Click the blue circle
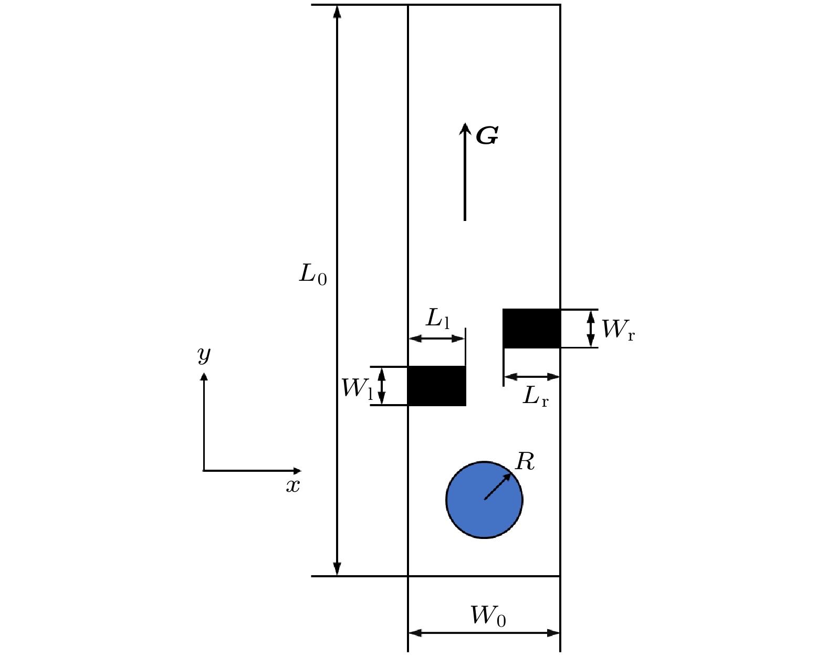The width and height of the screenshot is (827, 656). (x=484, y=500)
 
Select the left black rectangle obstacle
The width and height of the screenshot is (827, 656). (x=437, y=386)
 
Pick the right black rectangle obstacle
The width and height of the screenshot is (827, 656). (x=531, y=329)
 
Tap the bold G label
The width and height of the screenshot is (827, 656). (x=487, y=135)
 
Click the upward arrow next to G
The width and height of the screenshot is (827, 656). (x=465, y=172)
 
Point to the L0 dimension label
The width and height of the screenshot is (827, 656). (x=313, y=274)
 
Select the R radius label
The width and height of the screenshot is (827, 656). (x=525, y=461)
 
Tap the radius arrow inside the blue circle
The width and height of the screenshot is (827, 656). (x=498, y=486)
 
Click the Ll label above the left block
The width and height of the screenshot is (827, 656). (x=437, y=319)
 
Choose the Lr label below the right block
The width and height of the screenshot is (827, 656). (x=536, y=396)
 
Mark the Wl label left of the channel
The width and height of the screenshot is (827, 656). (x=358, y=388)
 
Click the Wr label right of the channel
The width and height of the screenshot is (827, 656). (x=618, y=329)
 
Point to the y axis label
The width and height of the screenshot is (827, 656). (x=204, y=354)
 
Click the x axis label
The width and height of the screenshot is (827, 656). (x=293, y=486)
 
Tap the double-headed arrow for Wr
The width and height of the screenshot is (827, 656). (x=591, y=329)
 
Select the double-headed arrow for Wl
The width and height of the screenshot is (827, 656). (x=381, y=386)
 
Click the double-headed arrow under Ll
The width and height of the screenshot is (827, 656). (x=437, y=338)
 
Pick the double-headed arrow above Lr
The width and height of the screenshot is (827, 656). (x=531, y=377)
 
